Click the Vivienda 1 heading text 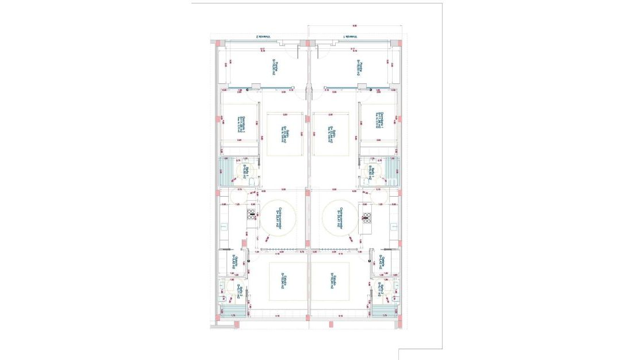350,37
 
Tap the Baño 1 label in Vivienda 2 245,171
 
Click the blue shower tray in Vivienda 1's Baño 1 394,170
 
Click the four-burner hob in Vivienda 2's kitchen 252,215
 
